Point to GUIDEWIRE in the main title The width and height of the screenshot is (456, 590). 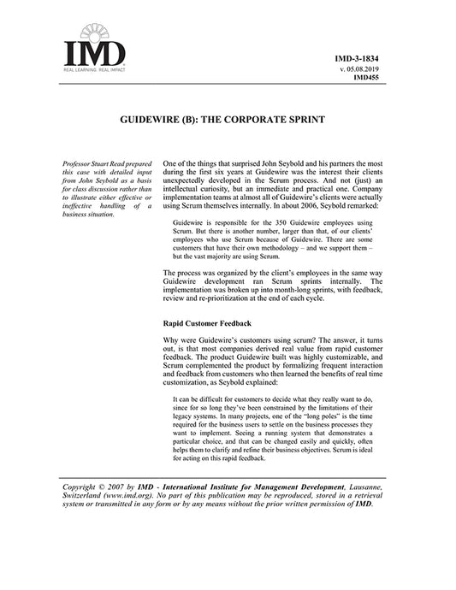153,121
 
